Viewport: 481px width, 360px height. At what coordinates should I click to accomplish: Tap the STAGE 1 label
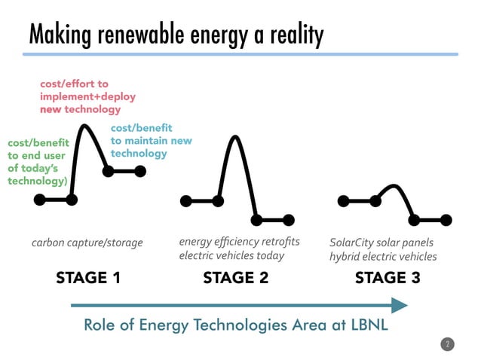[x=88, y=278]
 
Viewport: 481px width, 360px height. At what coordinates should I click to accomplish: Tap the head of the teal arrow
[x=399, y=305]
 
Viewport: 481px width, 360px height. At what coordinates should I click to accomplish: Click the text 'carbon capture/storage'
[x=87, y=243]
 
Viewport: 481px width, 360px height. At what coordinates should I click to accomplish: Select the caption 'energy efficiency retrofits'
[x=239, y=242]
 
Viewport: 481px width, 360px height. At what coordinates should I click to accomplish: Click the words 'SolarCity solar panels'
[x=381, y=243]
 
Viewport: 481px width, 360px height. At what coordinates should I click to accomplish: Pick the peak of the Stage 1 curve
[x=90, y=127]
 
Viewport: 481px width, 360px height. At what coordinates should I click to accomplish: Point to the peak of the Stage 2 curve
[x=235, y=137]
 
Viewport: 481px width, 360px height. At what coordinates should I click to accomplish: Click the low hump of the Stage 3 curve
[x=394, y=186]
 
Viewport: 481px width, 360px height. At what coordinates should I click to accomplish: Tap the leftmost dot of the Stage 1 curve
[x=39, y=200]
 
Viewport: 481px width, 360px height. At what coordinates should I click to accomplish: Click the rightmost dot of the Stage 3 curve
[x=446, y=220]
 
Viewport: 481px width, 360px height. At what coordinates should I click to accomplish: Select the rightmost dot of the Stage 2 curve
[x=289, y=220]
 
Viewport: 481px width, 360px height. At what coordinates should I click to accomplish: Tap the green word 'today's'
[x=31, y=168]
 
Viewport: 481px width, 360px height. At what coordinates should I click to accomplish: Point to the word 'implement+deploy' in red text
[x=79, y=96]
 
